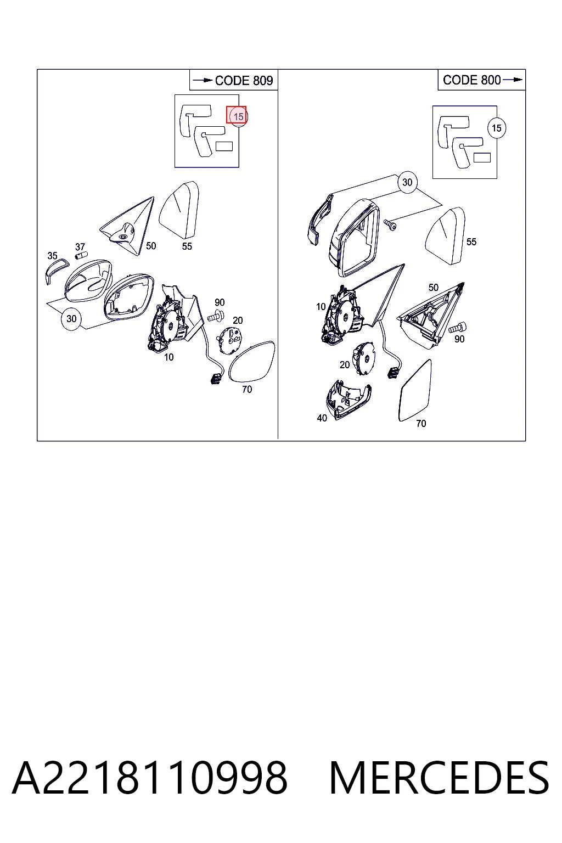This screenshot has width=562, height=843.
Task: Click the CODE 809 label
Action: [244, 81]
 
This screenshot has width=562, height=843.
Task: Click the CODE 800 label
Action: [471, 80]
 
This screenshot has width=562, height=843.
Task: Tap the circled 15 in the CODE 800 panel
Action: [497, 128]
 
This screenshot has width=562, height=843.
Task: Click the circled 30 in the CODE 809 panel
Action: [71, 319]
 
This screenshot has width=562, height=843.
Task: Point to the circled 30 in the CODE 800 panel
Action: [407, 183]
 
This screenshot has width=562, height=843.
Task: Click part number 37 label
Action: [80, 247]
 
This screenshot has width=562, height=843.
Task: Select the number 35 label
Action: [52, 256]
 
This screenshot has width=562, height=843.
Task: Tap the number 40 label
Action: [322, 418]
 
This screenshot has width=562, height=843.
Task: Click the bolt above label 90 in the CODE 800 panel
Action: [458, 328]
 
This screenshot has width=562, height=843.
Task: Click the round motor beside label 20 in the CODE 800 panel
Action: [363, 358]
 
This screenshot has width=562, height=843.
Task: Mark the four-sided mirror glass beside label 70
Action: [415, 390]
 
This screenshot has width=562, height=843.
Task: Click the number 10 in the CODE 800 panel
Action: [321, 307]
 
